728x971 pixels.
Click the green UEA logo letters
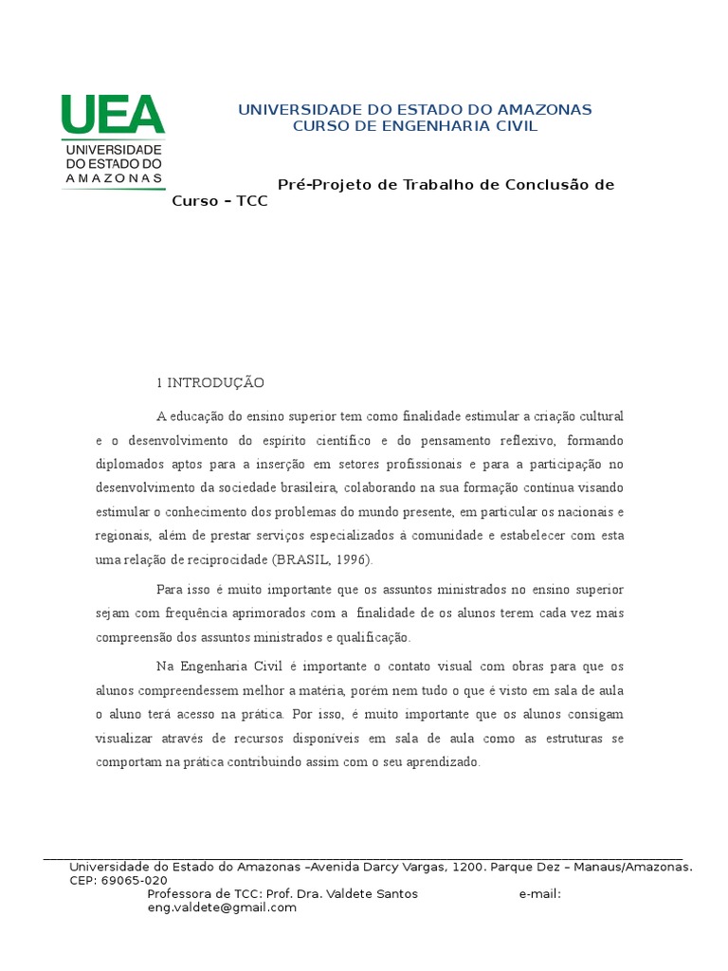click(113, 115)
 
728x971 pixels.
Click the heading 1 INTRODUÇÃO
click(210, 383)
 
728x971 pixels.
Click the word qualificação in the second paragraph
click(374, 637)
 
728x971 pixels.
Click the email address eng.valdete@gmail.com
click(222, 907)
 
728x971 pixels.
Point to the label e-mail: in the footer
click(540, 894)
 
